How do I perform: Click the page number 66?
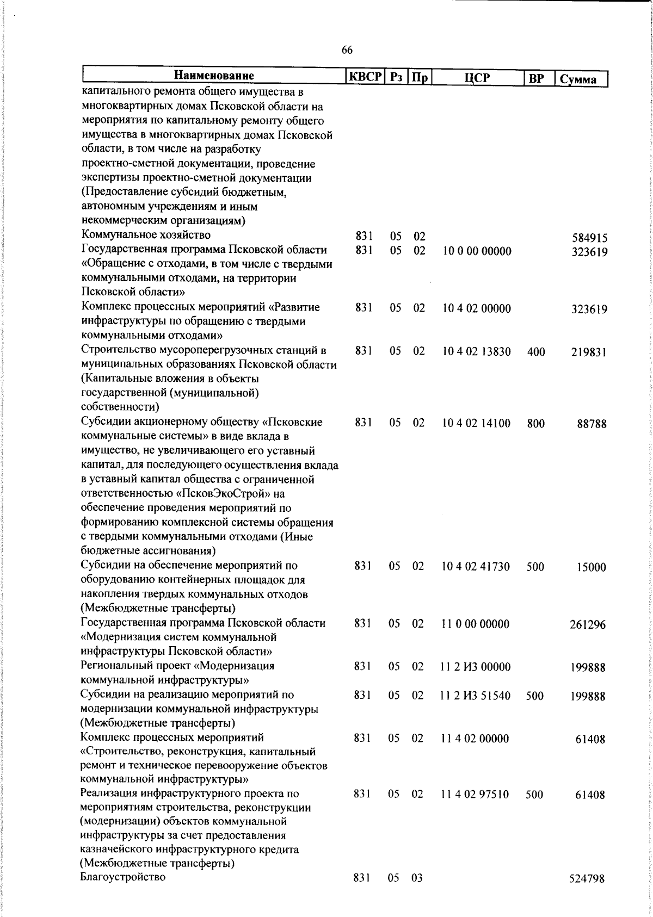347,51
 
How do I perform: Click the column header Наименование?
214,76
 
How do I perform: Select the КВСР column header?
366,77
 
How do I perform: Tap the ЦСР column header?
477,78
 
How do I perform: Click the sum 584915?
590,238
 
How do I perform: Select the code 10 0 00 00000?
477,251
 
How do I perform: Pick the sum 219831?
589,352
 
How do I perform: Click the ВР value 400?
536,352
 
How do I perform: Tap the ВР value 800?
536,423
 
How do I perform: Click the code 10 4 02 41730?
476,567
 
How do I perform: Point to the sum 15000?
592,567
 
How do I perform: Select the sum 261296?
588,625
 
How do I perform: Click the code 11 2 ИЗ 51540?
476,696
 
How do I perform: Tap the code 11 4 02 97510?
475,795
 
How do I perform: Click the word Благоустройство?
123,877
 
